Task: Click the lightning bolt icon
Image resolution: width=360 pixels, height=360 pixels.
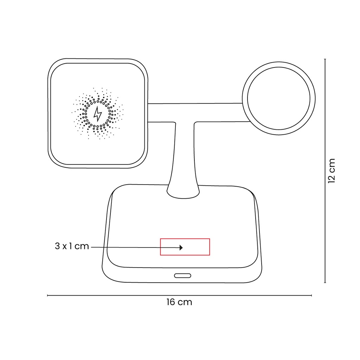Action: [97, 114]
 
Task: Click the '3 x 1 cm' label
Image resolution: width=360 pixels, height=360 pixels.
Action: [72, 246]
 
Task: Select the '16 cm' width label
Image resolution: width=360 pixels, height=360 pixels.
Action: [179, 302]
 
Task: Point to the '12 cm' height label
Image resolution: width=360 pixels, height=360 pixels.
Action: [331, 171]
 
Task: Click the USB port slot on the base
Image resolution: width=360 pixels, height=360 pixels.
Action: [182, 275]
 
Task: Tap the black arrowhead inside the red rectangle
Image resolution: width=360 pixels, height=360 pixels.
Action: [181, 247]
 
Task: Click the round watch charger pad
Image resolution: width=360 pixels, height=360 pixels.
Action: [278, 98]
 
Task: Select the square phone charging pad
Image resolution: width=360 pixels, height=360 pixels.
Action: [97, 113]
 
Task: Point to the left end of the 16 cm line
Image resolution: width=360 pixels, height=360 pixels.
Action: [48, 296]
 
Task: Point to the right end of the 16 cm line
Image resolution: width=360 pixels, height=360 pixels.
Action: [311, 296]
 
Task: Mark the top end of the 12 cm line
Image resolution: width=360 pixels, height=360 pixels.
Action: [325, 59]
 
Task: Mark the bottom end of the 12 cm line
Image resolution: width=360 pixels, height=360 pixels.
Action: [325, 282]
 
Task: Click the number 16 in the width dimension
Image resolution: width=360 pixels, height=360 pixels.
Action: [171, 302]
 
